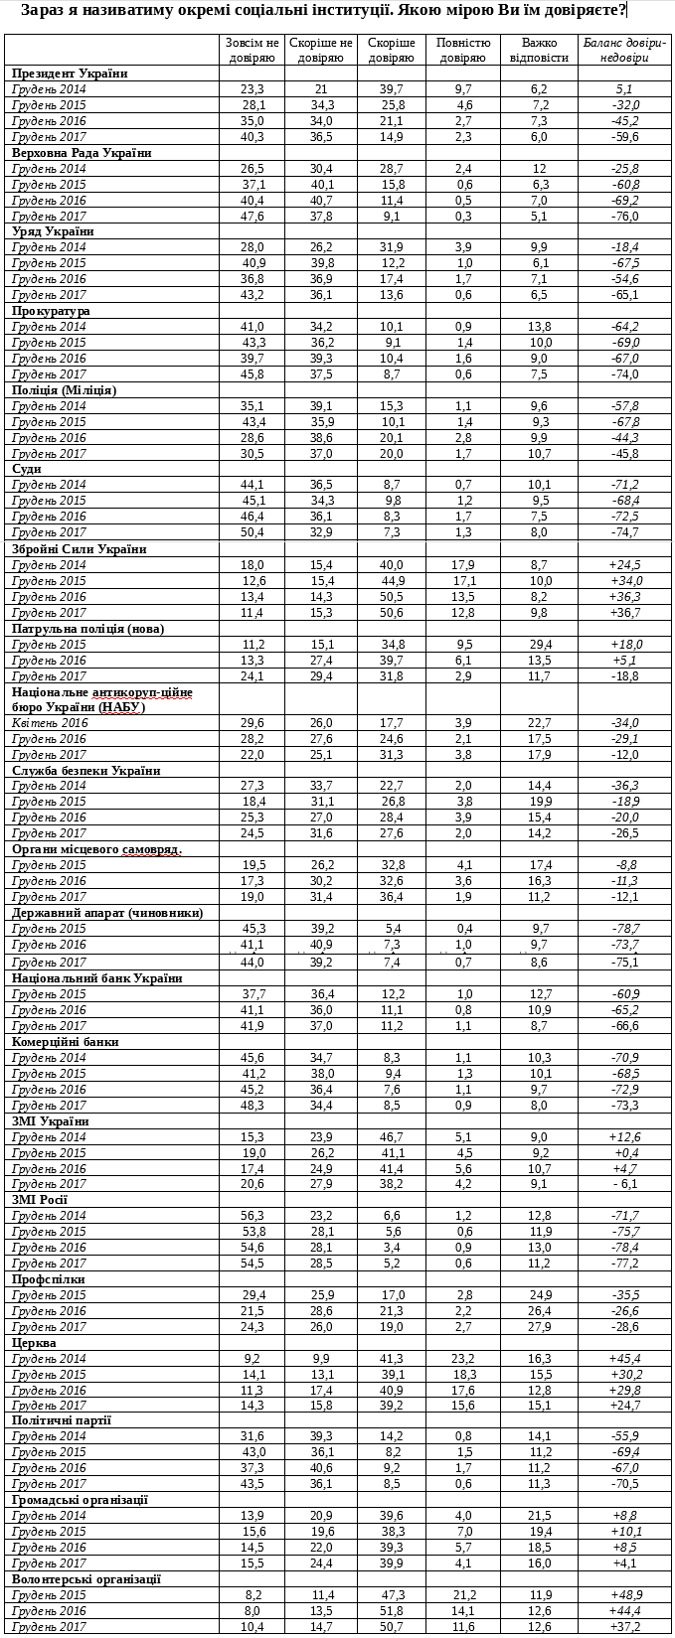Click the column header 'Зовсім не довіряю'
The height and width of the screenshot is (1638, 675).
pyautogui.click(x=253, y=51)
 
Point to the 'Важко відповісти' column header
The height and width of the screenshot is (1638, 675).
pyautogui.click(x=539, y=51)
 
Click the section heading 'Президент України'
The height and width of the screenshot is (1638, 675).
pyautogui.click(x=70, y=74)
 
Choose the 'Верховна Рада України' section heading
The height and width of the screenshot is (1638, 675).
pyautogui.click(x=82, y=153)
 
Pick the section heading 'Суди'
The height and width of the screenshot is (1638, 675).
pyautogui.click(x=27, y=469)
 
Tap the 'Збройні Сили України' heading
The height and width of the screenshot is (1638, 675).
pyautogui.click(x=80, y=548)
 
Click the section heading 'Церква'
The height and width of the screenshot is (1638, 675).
pyautogui.click(x=34, y=1343)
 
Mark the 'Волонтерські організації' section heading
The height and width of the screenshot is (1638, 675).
pyautogui.click(x=86, y=1579)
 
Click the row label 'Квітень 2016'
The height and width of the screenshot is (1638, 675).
pyautogui.click(x=50, y=723)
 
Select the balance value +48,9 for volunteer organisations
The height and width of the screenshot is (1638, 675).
pyautogui.click(x=625, y=1595)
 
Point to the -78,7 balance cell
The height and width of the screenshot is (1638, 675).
pyautogui.click(x=625, y=928)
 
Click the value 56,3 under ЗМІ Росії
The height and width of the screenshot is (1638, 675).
pyautogui.click(x=253, y=1216)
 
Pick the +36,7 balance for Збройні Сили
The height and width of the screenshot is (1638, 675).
pyautogui.click(x=625, y=612)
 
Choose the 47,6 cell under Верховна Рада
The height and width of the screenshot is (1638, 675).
pyautogui.click(x=253, y=216)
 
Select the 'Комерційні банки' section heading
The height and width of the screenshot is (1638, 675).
pyautogui.click(x=66, y=1042)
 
